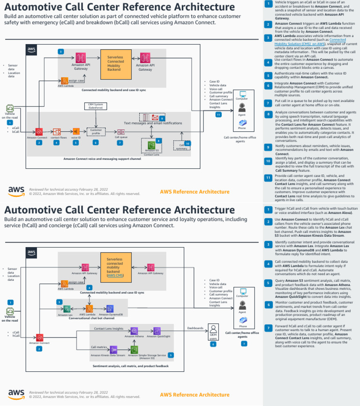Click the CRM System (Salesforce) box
pyautogui.click(x=96, y=106)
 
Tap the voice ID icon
pyautogui.click(x=75, y=132)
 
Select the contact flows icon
pyautogui.click(x=56, y=132)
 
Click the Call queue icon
pyautogui.click(x=120, y=132)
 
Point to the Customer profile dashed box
pyautogui.click(x=96, y=132)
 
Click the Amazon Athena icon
pyautogui.click(x=134, y=331)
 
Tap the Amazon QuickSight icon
pyautogui.click(x=157, y=331)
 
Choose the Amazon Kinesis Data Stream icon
pyautogui.click(x=113, y=349)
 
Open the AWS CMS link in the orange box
pyautogui.click(x=114, y=275)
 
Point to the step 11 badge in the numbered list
pyautogui.click(x=268, y=178)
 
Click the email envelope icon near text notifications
pyautogui.click(x=154, y=117)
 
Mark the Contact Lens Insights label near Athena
pyautogui.click(x=109, y=329)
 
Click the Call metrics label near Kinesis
pyautogui.click(x=97, y=347)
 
